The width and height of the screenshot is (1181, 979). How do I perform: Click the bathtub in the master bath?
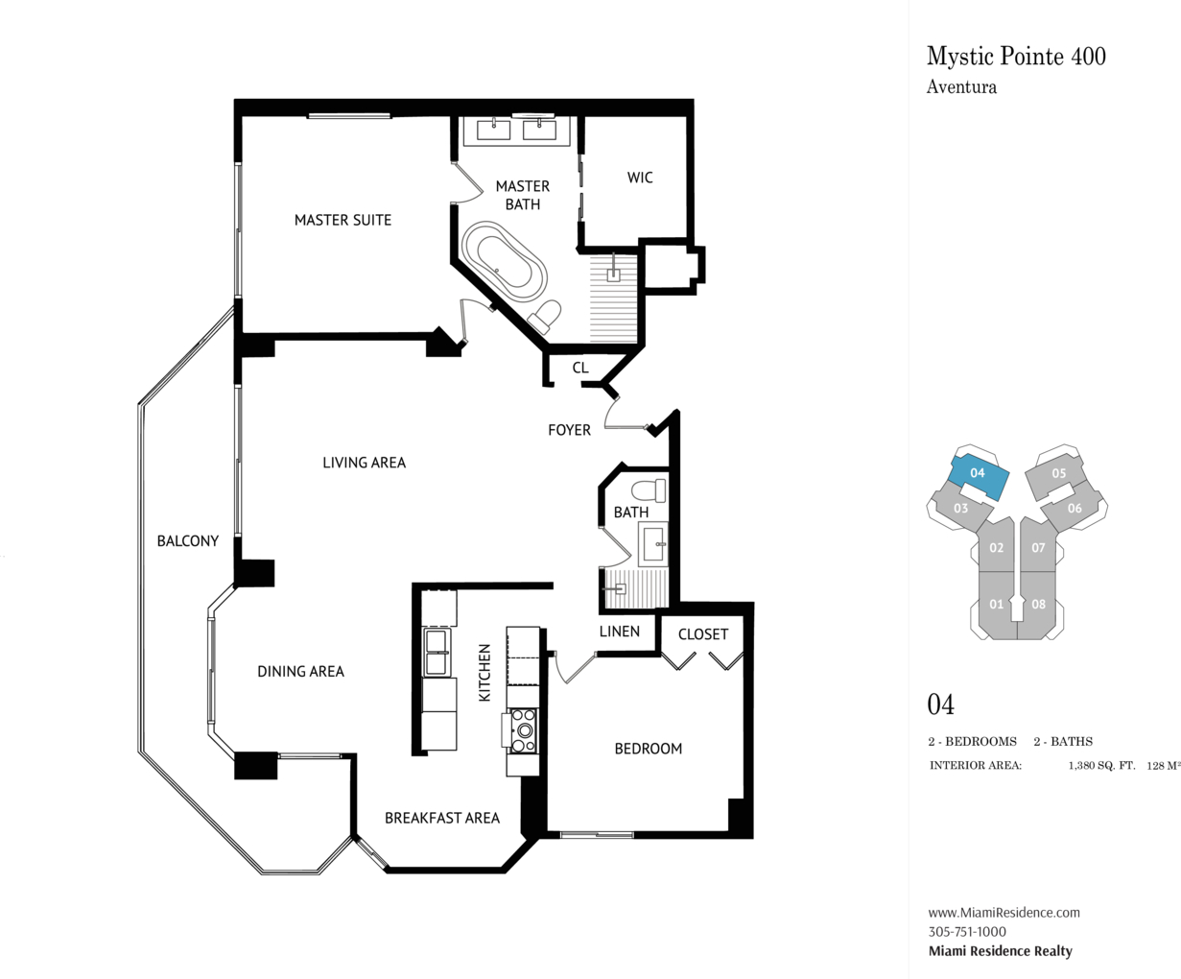[x=504, y=261]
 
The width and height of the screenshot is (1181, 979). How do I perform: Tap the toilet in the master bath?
[x=544, y=317]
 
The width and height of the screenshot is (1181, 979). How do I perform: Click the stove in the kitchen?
[x=524, y=731]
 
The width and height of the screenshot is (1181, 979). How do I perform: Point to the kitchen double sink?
[x=437, y=652]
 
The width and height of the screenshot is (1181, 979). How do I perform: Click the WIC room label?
[x=640, y=178]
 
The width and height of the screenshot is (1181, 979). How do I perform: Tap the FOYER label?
[x=569, y=430]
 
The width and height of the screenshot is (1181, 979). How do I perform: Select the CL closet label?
[x=580, y=368]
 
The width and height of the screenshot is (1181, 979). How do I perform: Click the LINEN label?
[x=620, y=631]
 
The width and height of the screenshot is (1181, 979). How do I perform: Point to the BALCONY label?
[x=188, y=541]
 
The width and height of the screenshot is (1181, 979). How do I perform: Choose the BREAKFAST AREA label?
[x=442, y=818]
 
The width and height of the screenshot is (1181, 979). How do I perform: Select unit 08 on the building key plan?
[x=1037, y=605]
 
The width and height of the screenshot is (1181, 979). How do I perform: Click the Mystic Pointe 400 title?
[x=1016, y=56]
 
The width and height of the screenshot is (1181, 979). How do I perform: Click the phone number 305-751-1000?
[x=967, y=931]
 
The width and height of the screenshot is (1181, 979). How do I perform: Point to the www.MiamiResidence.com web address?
[x=1004, y=912]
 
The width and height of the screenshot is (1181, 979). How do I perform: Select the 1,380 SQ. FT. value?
[x=1101, y=766]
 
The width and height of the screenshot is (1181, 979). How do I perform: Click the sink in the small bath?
[x=653, y=544]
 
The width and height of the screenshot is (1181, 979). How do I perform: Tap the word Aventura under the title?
[x=961, y=87]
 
